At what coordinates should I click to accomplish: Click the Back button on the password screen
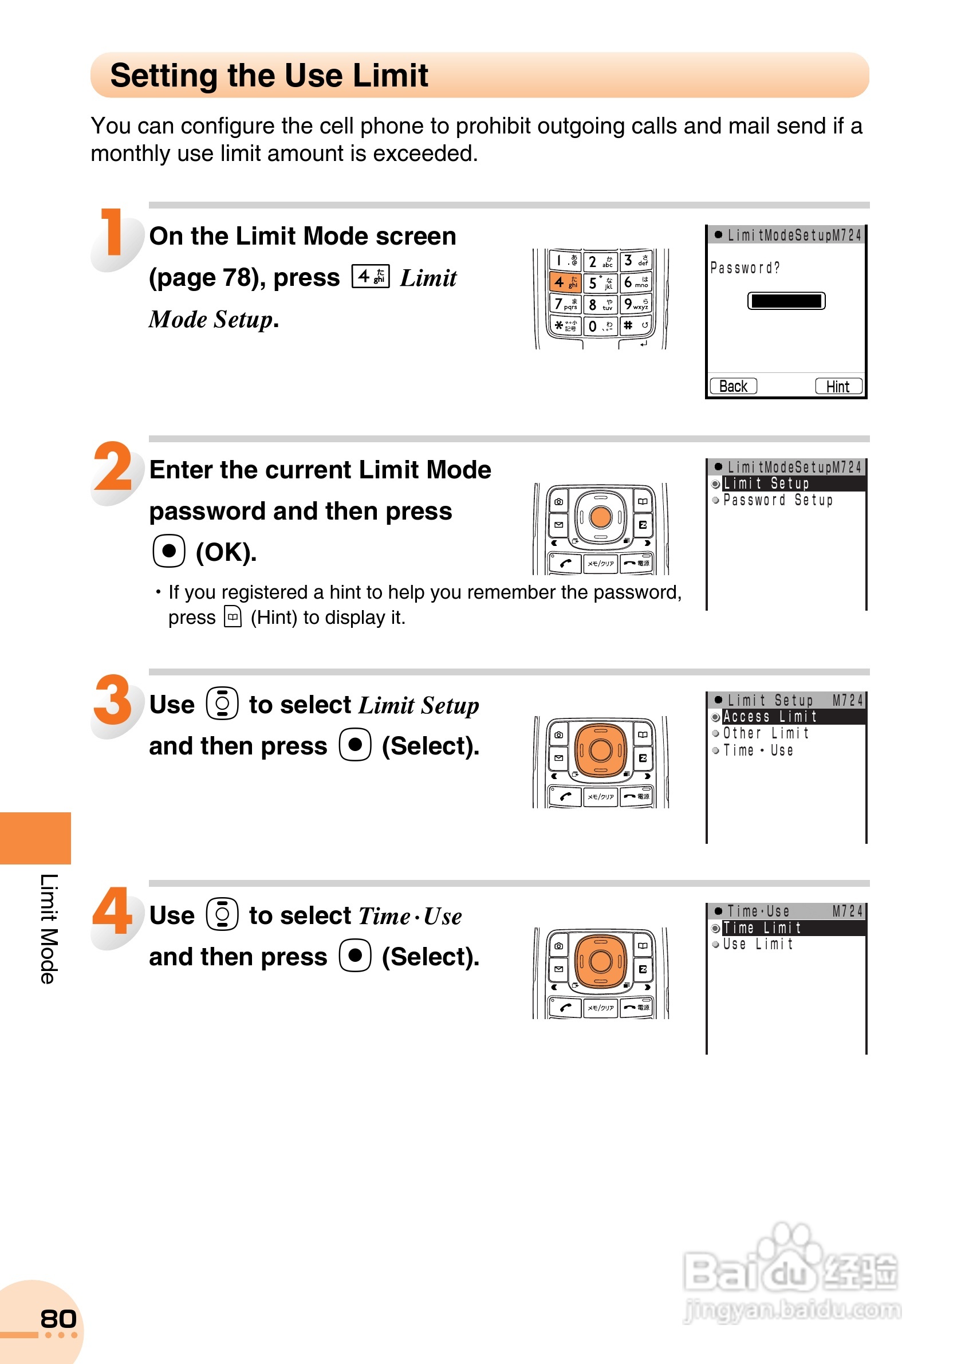click(x=733, y=386)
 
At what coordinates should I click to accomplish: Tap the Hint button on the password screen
click(x=837, y=386)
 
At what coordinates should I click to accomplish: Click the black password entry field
click(x=786, y=301)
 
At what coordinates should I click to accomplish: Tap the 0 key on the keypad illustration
click(x=600, y=325)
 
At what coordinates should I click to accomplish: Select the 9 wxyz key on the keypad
click(x=635, y=304)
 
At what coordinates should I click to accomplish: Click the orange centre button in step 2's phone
click(x=600, y=517)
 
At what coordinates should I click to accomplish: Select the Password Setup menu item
click(x=778, y=500)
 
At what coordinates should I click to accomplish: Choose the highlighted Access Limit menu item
click(x=770, y=717)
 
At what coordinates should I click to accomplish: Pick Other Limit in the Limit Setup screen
click(x=766, y=734)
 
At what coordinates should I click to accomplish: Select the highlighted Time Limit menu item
click(x=762, y=928)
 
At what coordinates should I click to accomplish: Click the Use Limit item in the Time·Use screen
click(x=758, y=944)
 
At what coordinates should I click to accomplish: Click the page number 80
click(x=58, y=1319)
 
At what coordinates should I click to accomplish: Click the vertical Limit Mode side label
click(x=49, y=929)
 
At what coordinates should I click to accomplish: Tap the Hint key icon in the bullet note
click(x=233, y=617)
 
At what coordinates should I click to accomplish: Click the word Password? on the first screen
click(x=745, y=268)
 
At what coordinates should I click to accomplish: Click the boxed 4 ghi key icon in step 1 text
click(x=371, y=276)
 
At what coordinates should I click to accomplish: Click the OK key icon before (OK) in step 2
click(x=169, y=551)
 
